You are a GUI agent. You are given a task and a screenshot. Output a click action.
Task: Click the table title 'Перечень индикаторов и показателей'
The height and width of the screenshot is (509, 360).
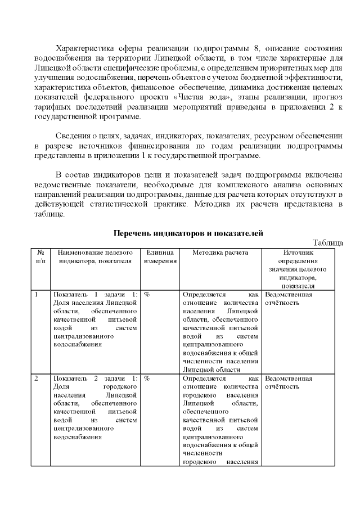pyautogui.click(x=188, y=233)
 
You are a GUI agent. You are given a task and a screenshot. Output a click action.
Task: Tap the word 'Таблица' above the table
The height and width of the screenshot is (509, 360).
pyautogui.click(x=328, y=242)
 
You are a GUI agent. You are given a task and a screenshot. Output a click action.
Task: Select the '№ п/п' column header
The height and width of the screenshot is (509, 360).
pyautogui.click(x=40, y=257)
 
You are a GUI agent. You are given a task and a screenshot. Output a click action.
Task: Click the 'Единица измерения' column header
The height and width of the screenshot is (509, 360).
pyautogui.click(x=160, y=257)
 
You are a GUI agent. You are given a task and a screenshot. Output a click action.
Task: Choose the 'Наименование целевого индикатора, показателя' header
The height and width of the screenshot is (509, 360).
pyautogui.click(x=94, y=257)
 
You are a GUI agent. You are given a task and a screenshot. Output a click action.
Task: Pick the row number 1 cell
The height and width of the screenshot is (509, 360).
pyautogui.click(x=37, y=295)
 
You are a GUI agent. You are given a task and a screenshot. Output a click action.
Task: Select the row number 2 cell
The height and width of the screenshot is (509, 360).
pyautogui.click(x=37, y=379)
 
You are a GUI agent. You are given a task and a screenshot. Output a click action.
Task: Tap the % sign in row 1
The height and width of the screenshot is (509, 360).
pyautogui.click(x=147, y=295)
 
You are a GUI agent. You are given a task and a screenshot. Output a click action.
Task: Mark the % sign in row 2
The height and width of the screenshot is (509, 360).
pyautogui.click(x=147, y=379)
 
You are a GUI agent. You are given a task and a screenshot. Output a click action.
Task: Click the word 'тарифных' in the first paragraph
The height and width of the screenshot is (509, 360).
pyautogui.click(x=50, y=107)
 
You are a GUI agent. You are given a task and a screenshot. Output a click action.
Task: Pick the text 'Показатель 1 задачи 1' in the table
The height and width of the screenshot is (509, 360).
pyautogui.click(x=94, y=295)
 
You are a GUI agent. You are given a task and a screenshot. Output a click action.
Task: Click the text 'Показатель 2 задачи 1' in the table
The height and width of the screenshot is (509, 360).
pyautogui.click(x=94, y=379)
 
